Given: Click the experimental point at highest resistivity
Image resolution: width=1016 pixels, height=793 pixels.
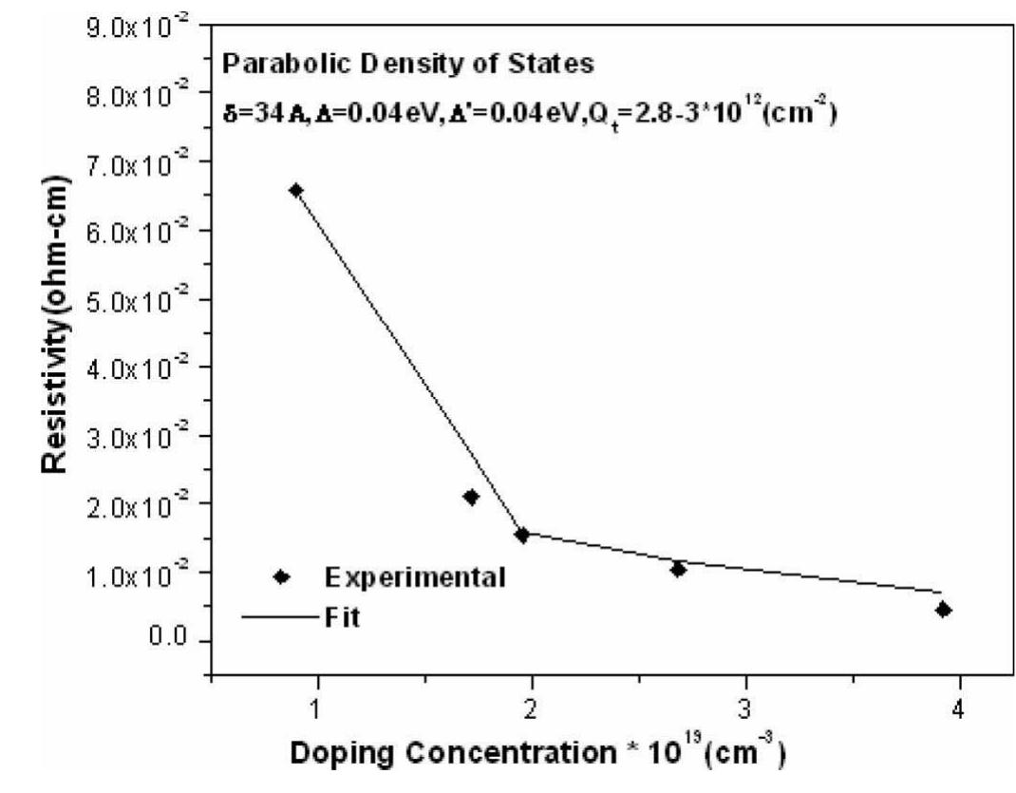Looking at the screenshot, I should [295, 190].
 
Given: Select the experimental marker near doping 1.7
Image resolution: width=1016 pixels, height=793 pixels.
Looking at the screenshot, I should [471, 497].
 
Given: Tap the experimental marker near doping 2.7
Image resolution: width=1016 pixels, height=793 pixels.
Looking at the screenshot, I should [678, 569].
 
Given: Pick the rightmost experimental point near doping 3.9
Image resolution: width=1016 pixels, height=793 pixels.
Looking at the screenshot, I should [943, 609].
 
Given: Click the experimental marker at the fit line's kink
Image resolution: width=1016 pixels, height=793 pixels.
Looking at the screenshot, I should [521, 535].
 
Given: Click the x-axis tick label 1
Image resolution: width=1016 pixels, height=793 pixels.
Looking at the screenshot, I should [316, 708].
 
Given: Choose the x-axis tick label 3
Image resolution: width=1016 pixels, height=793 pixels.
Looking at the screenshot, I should [746, 708].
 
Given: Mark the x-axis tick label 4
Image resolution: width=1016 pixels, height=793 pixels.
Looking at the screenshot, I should [960, 708].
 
